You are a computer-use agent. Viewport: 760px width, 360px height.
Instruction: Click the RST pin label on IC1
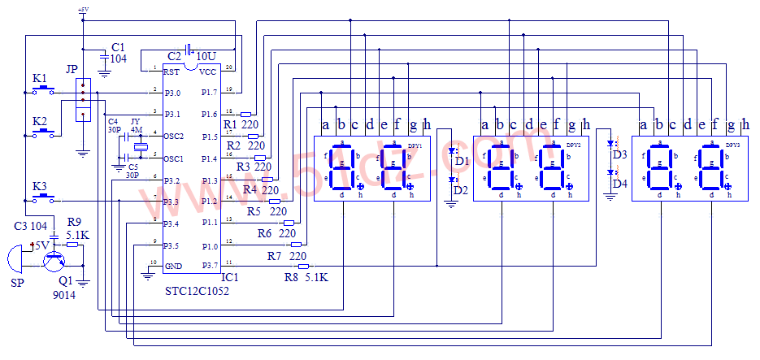pos(171,72)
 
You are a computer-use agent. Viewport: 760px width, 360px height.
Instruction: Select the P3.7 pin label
pos(209,264)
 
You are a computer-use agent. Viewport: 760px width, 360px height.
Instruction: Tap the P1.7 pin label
pos(209,92)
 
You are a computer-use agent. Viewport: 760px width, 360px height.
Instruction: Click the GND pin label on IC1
pos(173,266)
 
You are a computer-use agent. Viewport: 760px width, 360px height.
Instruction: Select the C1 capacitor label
pos(119,47)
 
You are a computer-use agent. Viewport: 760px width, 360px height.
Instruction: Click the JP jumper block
pos(82,100)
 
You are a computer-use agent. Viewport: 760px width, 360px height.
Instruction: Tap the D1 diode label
pos(462,162)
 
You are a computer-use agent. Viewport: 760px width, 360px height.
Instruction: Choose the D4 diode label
pos(620,184)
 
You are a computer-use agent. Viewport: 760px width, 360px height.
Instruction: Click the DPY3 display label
pos(732,144)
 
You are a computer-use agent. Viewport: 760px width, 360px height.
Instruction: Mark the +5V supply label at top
pos(82,10)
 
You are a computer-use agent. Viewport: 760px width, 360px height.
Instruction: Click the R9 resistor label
pos(74,221)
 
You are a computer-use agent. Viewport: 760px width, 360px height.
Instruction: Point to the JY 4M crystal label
pos(136,125)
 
